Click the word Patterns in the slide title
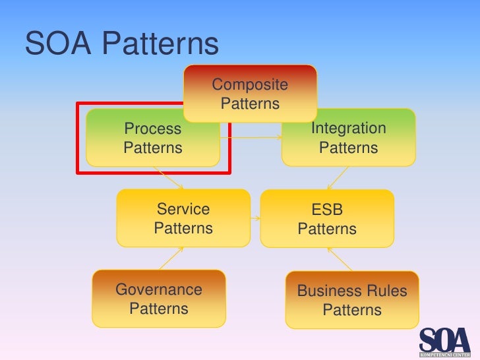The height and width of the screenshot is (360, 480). (161, 44)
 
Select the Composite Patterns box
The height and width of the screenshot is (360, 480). (250, 94)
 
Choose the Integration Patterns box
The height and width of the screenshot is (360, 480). (349, 138)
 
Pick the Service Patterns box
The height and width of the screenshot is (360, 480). (183, 218)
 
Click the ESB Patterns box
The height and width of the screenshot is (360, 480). (327, 219)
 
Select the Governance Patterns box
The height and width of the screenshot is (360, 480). (159, 299)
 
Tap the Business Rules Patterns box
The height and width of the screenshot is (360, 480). (352, 300)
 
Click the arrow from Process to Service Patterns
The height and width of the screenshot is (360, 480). (169, 177)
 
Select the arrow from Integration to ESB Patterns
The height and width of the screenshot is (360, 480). (338, 177)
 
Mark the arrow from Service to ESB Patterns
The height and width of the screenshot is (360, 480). (256, 218)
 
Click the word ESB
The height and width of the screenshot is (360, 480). (327, 210)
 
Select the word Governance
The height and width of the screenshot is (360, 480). (159, 289)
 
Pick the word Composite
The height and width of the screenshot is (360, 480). (250, 84)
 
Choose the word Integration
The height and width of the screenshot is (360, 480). (349, 128)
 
